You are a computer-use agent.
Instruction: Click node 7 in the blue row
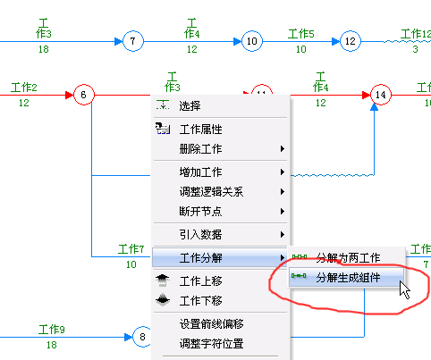pos(133,41)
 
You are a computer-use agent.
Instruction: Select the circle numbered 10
pos(252,41)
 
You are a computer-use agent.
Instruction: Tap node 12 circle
pos(351,41)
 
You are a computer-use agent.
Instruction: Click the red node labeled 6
pos(84,95)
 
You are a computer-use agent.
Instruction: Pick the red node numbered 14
pos(381,95)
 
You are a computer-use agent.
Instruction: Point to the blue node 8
pos(142,337)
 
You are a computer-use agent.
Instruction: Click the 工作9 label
pos(52,330)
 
